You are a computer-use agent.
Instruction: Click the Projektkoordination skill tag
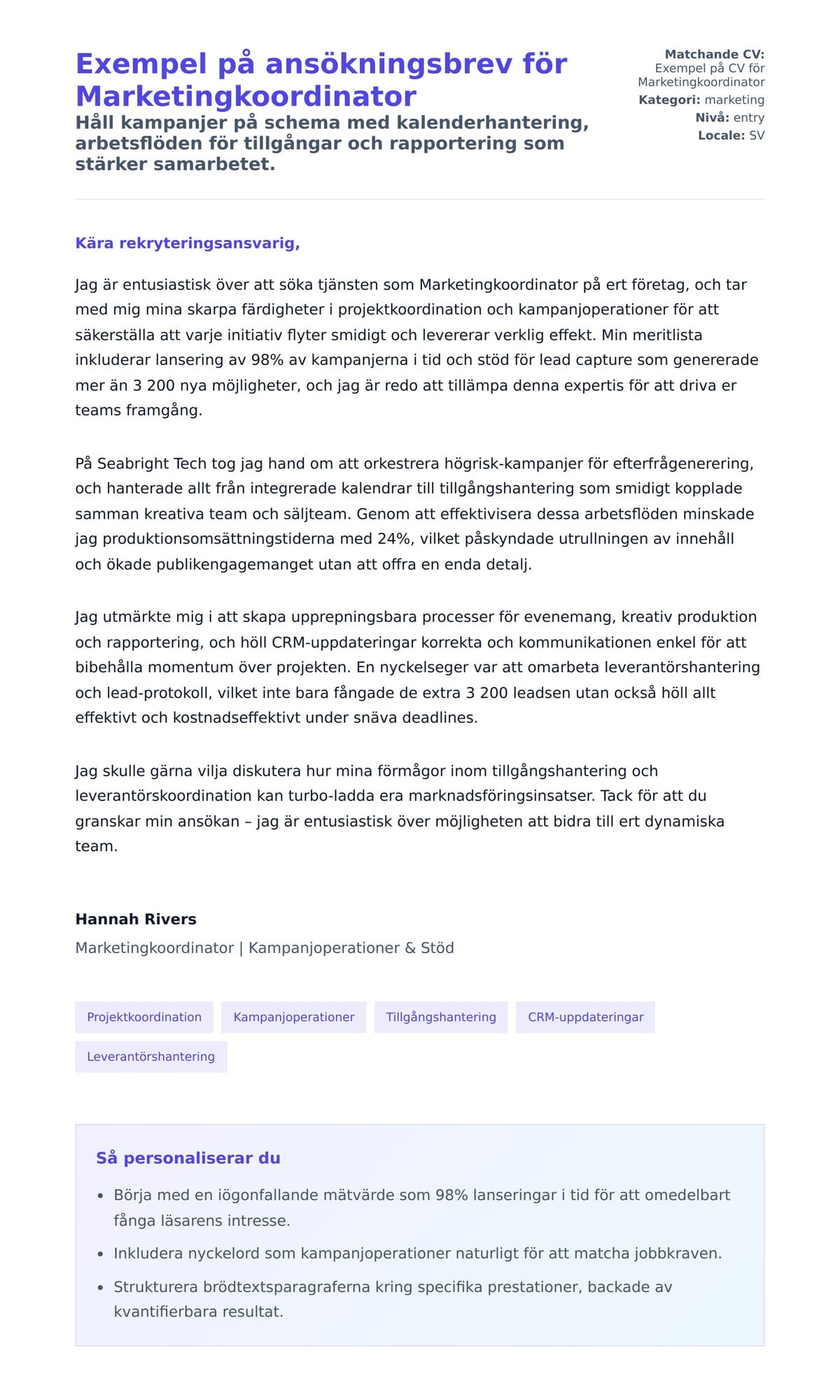click(x=144, y=1017)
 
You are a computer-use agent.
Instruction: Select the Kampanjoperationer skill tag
click(x=293, y=1017)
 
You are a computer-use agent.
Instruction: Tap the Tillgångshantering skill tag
click(x=440, y=1017)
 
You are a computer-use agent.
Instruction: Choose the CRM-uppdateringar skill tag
click(x=585, y=1017)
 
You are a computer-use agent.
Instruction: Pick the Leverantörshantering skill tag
click(x=150, y=1056)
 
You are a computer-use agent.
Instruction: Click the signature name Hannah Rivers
click(x=136, y=919)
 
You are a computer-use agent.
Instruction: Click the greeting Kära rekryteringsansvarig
click(x=188, y=243)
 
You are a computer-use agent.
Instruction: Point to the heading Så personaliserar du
click(x=188, y=1157)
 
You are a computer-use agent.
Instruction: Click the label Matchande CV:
click(x=714, y=54)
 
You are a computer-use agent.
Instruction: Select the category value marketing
click(x=734, y=99)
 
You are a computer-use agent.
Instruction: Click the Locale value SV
click(x=757, y=135)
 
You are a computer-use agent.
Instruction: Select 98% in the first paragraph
click(x=266, y=360)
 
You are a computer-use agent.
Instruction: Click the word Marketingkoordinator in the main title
click(x=246, y=96)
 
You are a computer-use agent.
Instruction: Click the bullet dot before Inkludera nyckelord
click(x=100, y=1253)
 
